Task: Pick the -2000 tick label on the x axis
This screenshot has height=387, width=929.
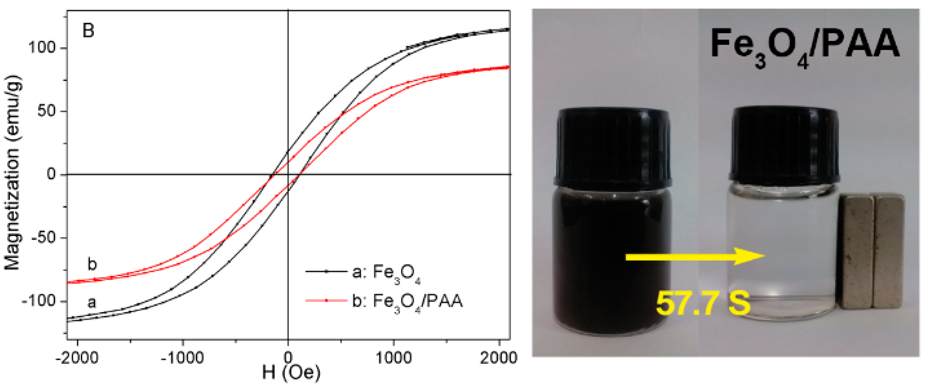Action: tap(77, 358)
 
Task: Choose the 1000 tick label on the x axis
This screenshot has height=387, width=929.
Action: tap(394, 358)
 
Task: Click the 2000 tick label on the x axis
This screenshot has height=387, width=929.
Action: tap(499, 358)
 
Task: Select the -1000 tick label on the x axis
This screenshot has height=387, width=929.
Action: tap(182, 358)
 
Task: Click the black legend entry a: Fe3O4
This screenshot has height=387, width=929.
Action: tap(386, 272)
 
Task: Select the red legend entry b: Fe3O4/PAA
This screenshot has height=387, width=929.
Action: tap(408, 301)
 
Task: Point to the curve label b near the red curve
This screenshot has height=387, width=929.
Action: tap(92, 264)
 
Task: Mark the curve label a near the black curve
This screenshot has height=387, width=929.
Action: tap(92, 302)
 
